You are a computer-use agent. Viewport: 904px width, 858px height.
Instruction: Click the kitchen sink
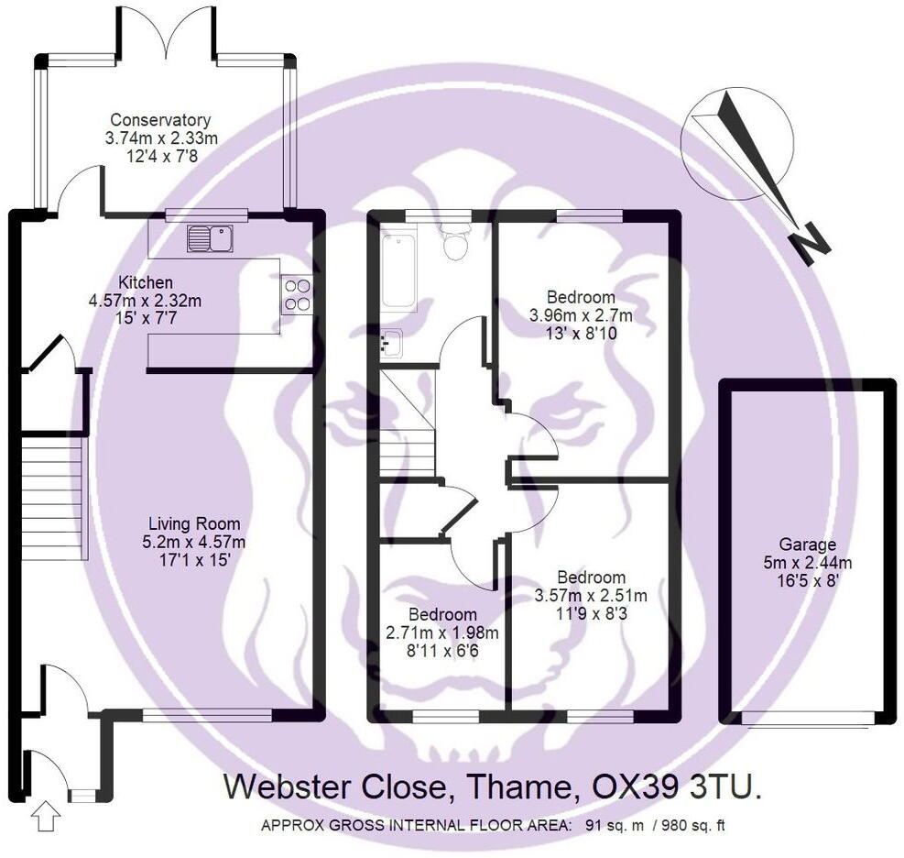[x=211, y=239]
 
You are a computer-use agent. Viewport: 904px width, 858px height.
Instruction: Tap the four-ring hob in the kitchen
[x=296, y=294]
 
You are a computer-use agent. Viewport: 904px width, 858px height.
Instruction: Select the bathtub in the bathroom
[x=398, y=270]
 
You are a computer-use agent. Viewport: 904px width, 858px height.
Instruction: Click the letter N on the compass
[x=810, y=246]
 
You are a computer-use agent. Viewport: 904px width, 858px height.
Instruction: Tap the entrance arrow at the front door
[x=43, y=815]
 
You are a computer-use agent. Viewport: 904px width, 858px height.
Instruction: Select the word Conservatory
[x=160, y=120]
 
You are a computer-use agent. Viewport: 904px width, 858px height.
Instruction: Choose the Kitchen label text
[x=146, y=282]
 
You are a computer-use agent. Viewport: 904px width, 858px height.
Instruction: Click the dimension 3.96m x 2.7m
[x=580, y=315]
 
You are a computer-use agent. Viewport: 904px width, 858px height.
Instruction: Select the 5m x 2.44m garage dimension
[x=807, y=562]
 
